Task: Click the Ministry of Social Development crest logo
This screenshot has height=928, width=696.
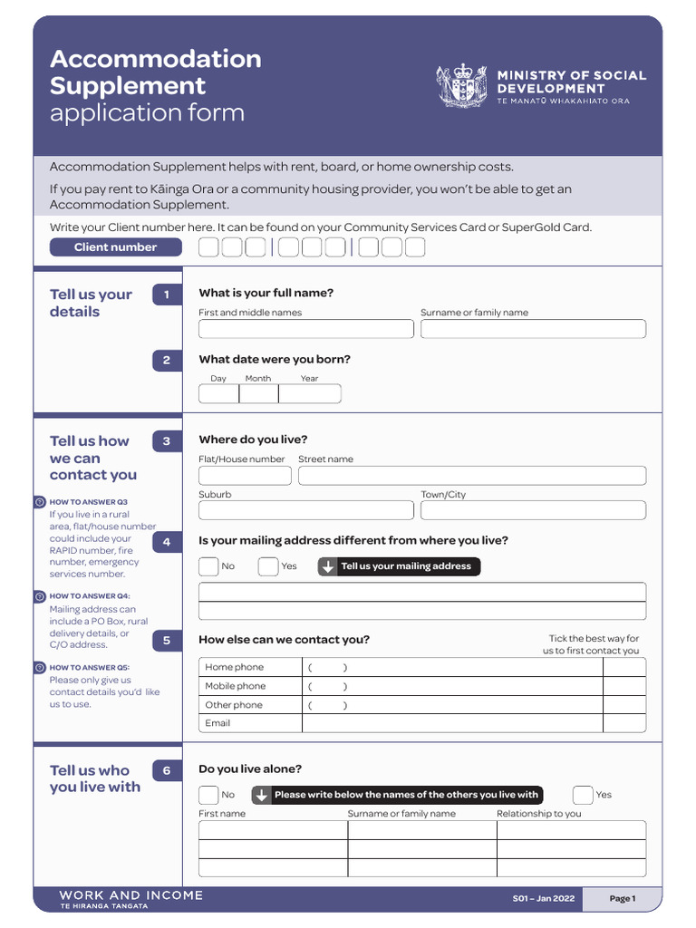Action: pos(462,86)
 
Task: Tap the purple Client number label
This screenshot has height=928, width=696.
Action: pos(115,247)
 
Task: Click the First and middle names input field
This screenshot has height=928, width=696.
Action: pos(305,329)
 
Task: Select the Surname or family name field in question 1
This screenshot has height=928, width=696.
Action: pos(533,329)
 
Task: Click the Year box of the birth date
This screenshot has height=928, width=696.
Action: pos(310,394)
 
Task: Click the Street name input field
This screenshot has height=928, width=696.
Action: pos(472,476)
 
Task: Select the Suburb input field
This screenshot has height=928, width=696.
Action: pos(305,510)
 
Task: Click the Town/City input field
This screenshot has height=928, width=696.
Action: pos(533,510)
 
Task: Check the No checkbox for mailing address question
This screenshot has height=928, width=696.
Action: pos(208,567)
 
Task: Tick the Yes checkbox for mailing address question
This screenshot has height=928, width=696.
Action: pos(267,567)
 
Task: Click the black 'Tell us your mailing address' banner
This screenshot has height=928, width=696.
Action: pos(399,566)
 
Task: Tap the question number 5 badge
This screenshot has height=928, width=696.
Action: pos(167,641)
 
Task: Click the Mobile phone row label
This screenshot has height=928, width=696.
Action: pos(236,686)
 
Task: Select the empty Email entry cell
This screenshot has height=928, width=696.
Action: pos(452,723)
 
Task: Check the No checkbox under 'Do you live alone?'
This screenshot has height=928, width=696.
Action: pos(208,795)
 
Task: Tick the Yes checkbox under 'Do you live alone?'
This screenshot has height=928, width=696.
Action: pos(583,795)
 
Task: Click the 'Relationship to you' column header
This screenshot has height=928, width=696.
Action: pos(539,814)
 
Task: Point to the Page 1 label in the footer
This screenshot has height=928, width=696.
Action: pos(623,899)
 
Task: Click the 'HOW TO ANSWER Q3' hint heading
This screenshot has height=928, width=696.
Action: pos(89,502)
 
